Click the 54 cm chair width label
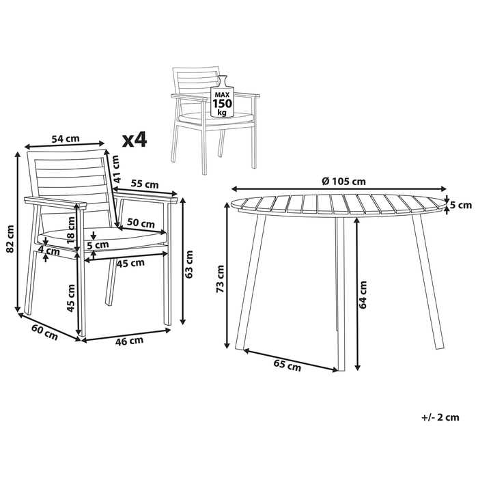(x=66, y=138)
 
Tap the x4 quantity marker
(x=135, y=140)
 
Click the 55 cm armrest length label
(x=144, y=184)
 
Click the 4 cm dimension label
(x=48, y=251)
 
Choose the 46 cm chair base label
(x=128, y=340)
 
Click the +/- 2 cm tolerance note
(x=440, y=417)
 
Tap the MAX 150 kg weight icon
(x=223, y=100)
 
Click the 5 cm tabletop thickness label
(x=463, y=205)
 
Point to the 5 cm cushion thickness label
(x=98, y=244)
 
